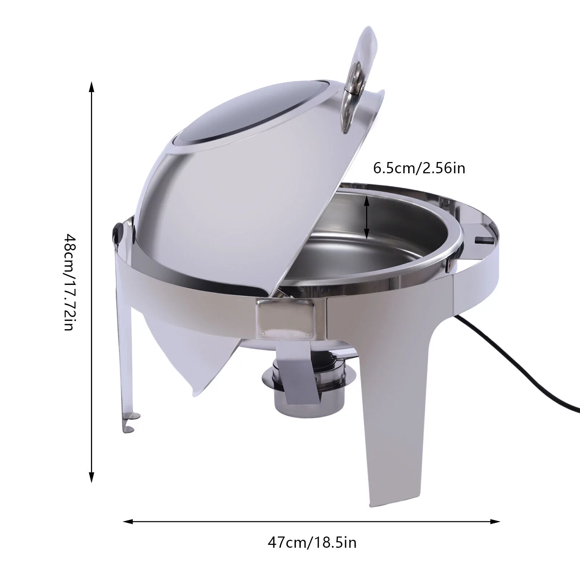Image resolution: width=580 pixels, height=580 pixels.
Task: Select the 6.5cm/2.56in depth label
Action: pos(419,168)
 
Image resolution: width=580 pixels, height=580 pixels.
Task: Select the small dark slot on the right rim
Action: pos(484,240)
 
